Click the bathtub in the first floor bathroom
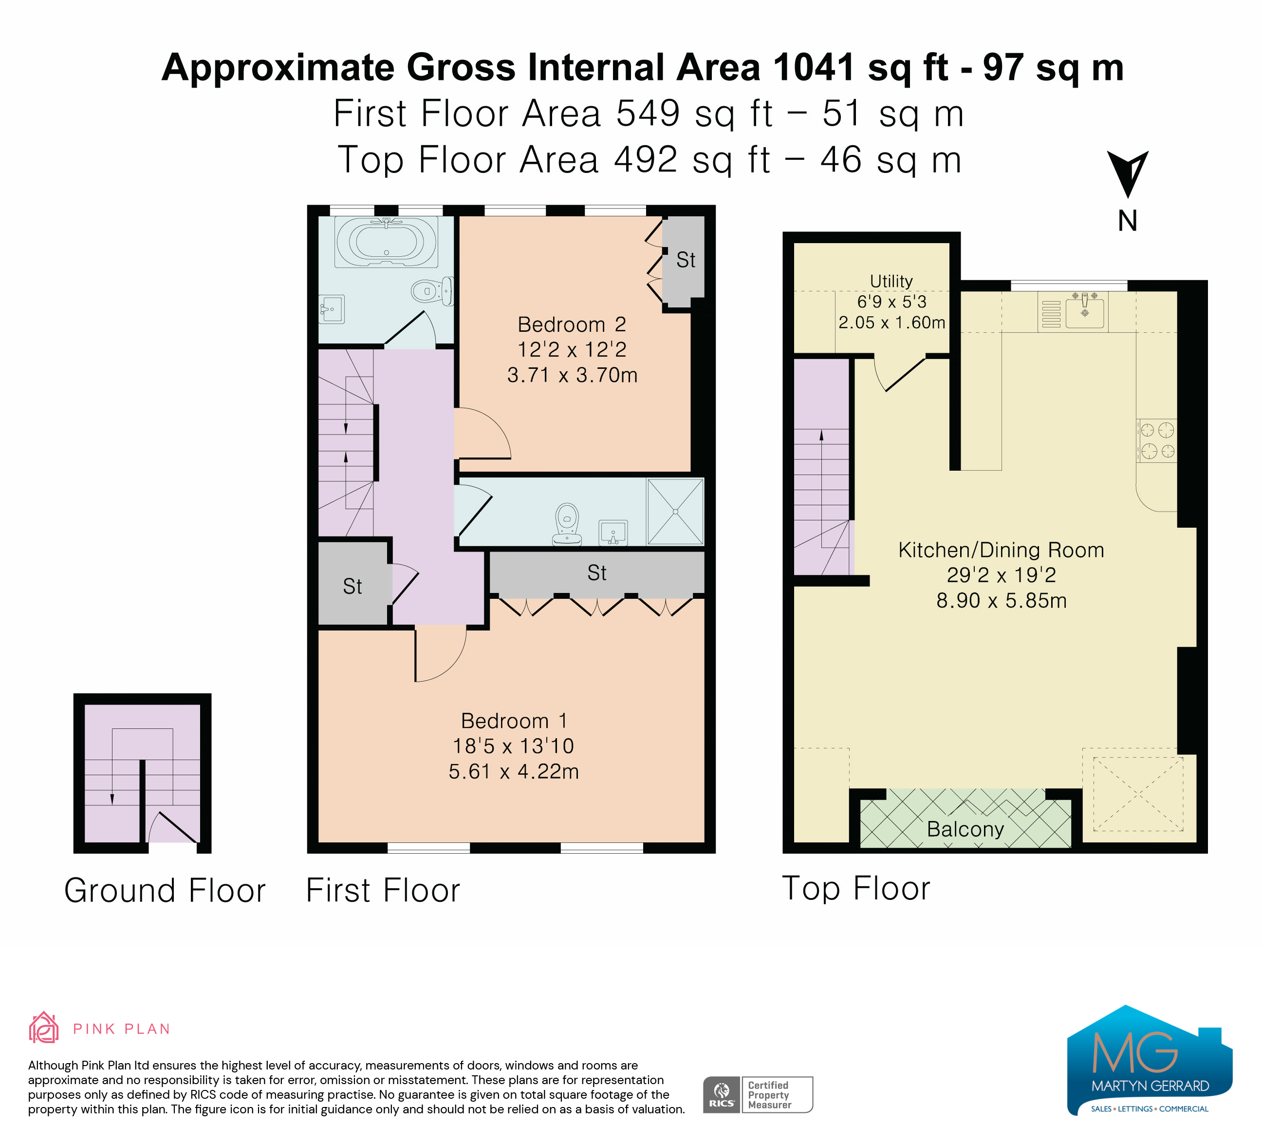click(386, 241)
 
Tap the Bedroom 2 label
click(572, 324)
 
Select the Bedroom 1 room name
click(514, 721)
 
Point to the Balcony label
click(965, 829)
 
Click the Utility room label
click(891, 281)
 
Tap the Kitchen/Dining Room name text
click(1001, 550)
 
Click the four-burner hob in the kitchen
click(1157, 440)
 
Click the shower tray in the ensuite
click(675, 512)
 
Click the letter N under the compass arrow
click(1128, 221)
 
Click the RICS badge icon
click(722, 1095)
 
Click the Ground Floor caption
click(165, 890)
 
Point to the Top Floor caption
click(856, 888)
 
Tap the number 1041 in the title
click(814, 67)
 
